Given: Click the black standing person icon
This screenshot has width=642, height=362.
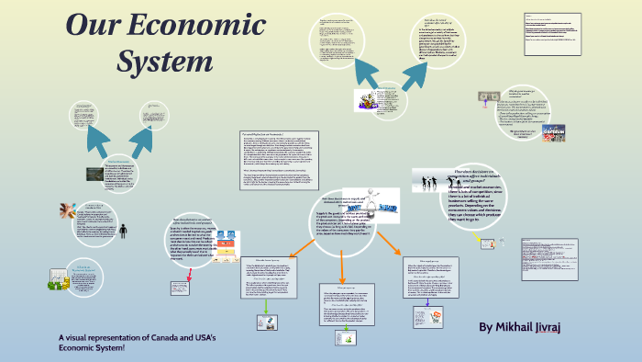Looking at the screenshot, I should [x=124, y=230].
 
